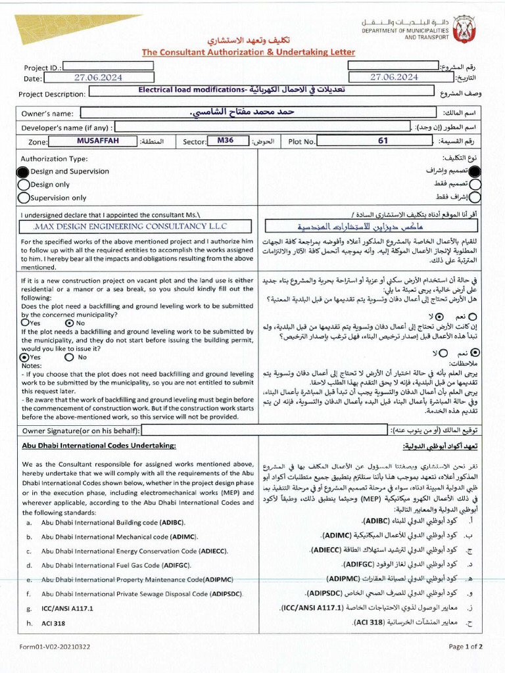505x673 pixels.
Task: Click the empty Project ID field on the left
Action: tap(108, 66)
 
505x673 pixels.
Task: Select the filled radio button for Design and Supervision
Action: tap(23, 172)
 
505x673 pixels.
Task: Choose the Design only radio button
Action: tap(23, 185)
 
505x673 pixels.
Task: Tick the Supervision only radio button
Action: tap(23, 198)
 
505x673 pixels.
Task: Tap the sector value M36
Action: tap(226, 141)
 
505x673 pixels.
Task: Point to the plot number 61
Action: tap(383, 141)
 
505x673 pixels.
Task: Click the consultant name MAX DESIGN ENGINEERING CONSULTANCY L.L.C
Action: tap(130, 226)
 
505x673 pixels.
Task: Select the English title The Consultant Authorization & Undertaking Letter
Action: tap(248, 52)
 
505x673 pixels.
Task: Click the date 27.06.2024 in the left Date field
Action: tap(98, 78)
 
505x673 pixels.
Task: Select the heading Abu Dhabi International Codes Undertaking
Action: tap(99, 446)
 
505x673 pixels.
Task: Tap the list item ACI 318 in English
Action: tap(56, 622)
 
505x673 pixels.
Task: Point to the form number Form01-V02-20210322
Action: tap(55, 647)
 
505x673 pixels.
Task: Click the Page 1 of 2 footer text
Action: tap(466, 647)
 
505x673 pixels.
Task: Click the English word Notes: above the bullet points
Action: tap(32, 365)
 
